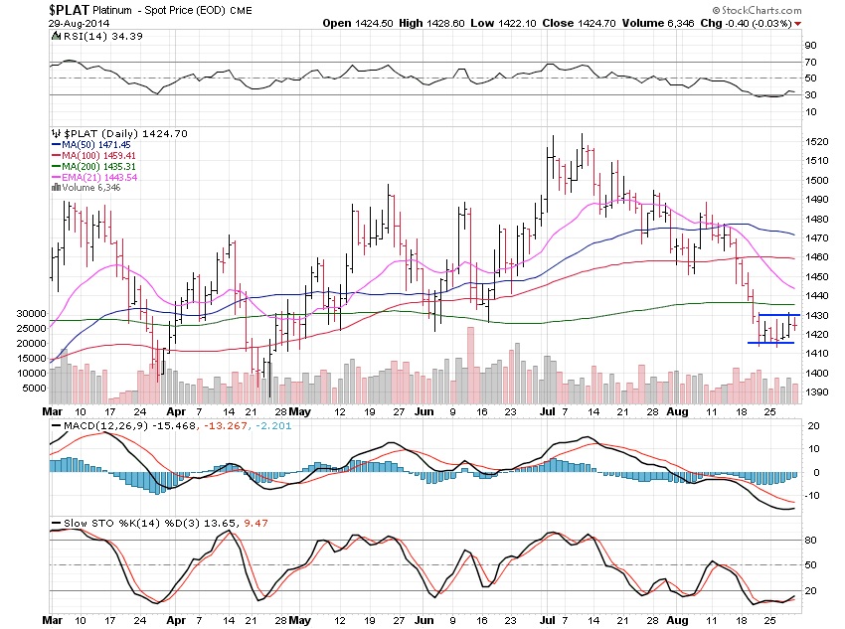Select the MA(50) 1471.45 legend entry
pos(96,144)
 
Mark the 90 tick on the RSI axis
pos(810,45)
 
